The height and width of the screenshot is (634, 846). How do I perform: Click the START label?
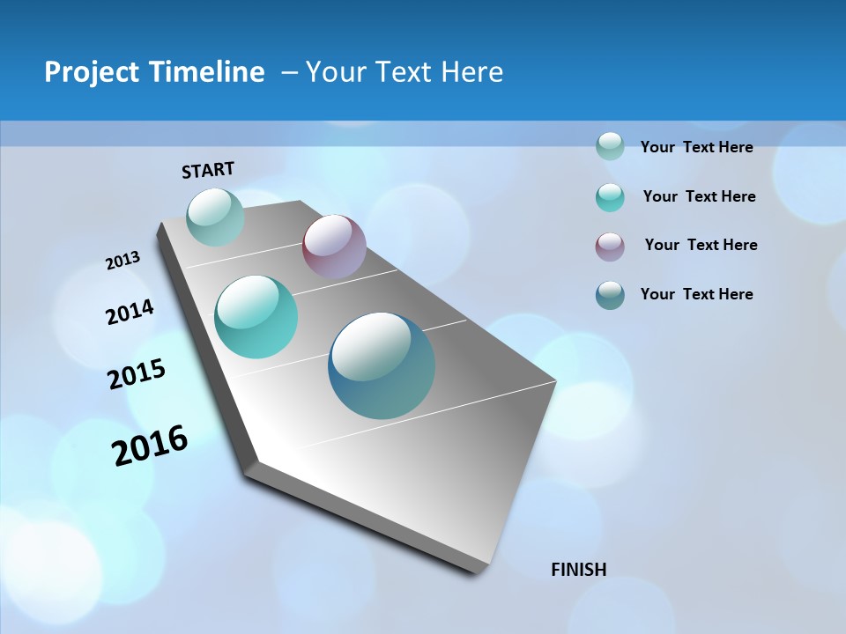[208, 169]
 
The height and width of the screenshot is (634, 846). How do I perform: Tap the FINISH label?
[578, 570]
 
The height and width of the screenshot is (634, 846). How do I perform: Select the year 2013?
[122, 260]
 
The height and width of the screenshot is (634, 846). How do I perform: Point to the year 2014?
[130, 312]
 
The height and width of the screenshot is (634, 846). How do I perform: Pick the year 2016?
[150, 445]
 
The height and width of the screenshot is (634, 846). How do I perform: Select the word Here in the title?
[471, 72]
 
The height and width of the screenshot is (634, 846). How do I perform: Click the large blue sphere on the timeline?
[382, 365]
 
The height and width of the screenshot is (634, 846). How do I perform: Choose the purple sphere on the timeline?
[334, 247]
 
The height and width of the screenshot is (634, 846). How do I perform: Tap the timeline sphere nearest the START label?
[215, 217]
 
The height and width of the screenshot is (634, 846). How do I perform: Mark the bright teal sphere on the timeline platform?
[256, 316]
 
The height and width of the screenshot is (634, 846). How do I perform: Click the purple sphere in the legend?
[610, 247]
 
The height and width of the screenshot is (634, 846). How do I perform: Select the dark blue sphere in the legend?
[610, 295]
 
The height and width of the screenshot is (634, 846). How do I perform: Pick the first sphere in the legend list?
[610, 146]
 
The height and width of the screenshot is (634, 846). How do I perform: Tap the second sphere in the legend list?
[610, 197]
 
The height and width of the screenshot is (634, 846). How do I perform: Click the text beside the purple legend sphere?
[701, 245]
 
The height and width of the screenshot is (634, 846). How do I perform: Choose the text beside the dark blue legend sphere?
[696, 294]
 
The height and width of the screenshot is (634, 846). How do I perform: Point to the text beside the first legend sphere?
[696, 147]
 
